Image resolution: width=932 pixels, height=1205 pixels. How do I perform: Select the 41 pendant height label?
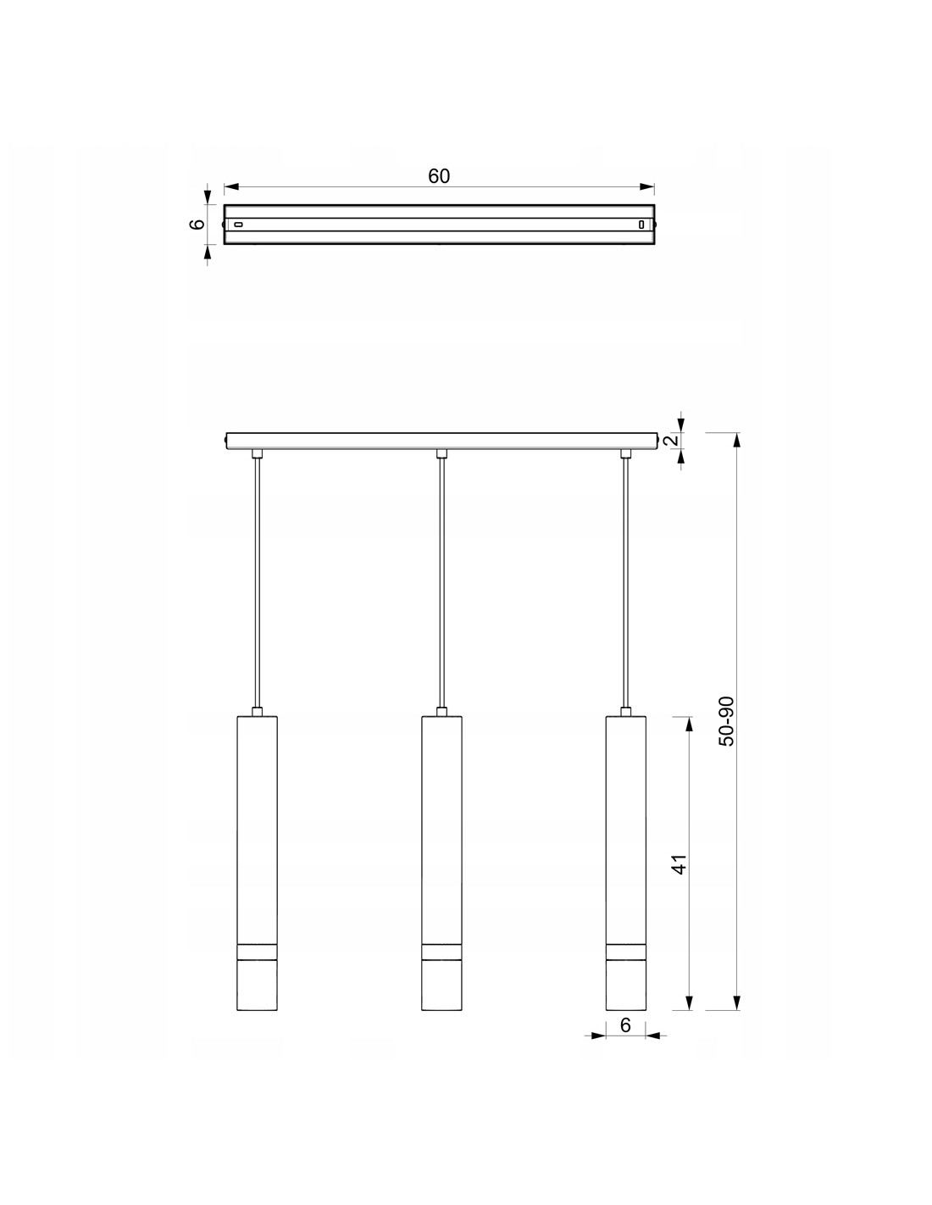click(680, 864)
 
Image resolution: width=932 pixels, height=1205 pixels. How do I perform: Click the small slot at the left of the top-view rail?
click(238, 225)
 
